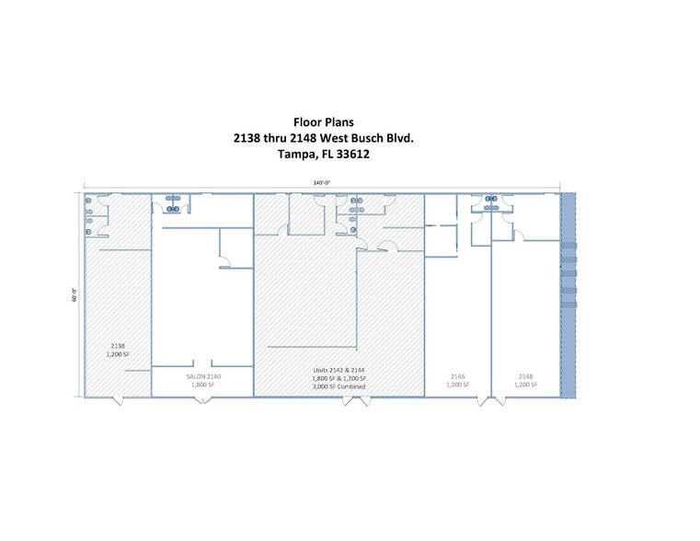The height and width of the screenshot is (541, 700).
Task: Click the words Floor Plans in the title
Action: pyautogui.click(x=323, y=121)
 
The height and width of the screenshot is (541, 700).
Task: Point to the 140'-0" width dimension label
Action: pyautogui.click(x=321, y=183)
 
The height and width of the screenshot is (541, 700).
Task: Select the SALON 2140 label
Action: pyautogui.click(x=202, y=376)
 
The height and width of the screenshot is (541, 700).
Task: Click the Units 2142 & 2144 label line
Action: pyautogui.click(x=339, y=370)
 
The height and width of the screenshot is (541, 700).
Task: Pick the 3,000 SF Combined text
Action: pyautogui.click(x=339, y=386)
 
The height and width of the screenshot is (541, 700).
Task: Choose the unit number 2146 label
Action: pyautogui.click(x=457, y=376)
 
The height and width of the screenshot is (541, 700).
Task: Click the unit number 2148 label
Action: pyautogui.click(x=525, y=376)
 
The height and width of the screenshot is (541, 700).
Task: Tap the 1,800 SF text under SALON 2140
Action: pyautogui.click(x=202, y=385)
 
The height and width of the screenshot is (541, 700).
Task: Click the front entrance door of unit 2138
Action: pyautogui.click(x=117, y=401)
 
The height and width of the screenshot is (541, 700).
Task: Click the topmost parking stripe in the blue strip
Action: pyautogui.click(x=568, y=246)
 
